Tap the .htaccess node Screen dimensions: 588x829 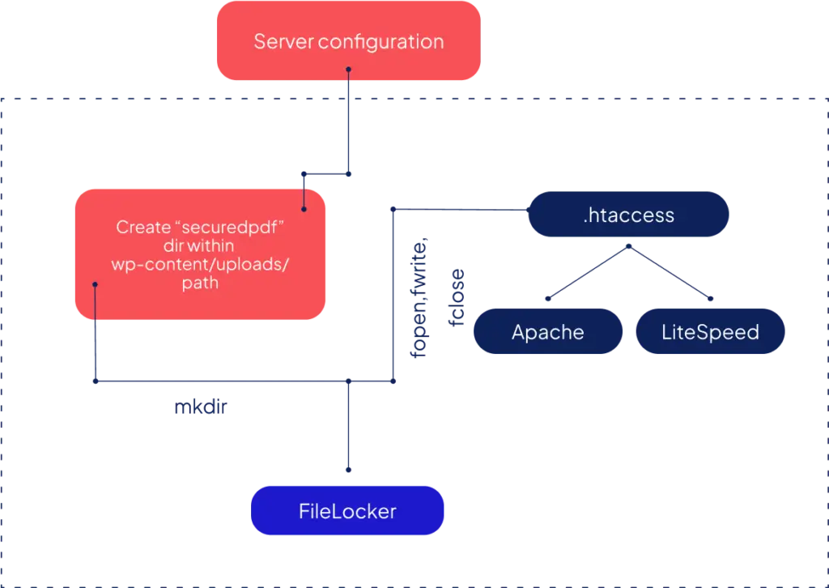coord(628,215)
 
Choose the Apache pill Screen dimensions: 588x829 coord(548,332)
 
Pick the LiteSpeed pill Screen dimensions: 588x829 coord(710,332)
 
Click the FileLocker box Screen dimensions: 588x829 coord(348,511)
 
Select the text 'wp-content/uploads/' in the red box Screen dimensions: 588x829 coord(199,266)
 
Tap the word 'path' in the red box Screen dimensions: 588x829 coord(200,284)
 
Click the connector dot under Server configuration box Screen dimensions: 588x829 coord(348,70)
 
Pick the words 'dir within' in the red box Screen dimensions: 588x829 coord(199,246)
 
